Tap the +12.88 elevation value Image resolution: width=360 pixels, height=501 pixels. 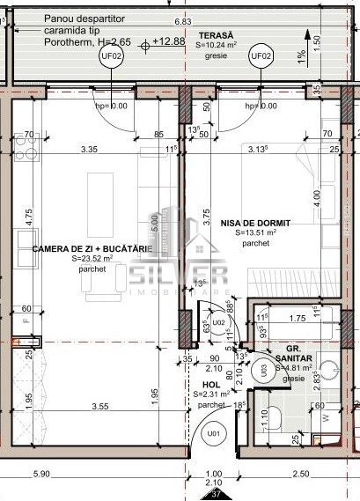(166, 41)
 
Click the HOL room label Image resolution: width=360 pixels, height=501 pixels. (211, 385)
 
